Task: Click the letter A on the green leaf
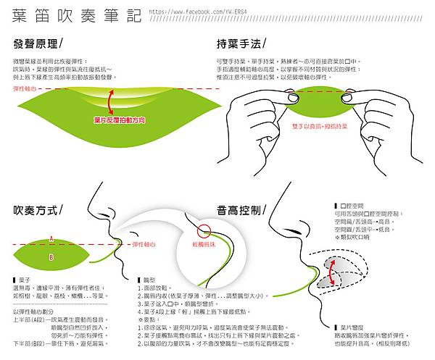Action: pos(51,238)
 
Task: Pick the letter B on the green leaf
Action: pos(51,256)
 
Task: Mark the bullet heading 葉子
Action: pos(25,280)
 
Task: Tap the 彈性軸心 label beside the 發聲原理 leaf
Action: pos(25,88)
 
